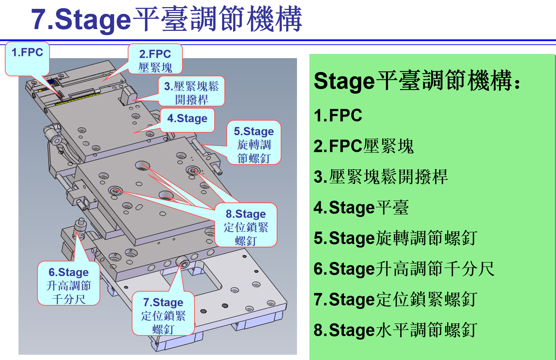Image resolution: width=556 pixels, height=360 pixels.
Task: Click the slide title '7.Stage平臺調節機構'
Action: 167,19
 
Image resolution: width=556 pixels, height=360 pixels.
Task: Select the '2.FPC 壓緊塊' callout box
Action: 155,60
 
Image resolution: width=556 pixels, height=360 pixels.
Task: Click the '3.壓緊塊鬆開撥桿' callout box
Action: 192,92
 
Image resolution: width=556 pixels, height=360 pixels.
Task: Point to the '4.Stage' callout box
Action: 187,119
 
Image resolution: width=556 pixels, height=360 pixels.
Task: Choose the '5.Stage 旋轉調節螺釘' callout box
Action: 254,143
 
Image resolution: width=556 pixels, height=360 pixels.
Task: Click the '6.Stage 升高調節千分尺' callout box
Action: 69,284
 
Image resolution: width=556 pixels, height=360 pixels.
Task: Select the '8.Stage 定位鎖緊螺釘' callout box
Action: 246,226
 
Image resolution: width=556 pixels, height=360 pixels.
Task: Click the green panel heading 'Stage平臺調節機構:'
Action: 417,81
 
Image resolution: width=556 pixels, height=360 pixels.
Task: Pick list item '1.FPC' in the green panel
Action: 338,116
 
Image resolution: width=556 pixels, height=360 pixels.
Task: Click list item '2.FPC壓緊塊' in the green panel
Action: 364,146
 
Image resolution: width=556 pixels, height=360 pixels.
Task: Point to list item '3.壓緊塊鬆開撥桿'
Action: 381,177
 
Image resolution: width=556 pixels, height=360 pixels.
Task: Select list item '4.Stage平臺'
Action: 361,207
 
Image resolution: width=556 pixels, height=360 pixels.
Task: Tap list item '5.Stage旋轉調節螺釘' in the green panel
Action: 395,238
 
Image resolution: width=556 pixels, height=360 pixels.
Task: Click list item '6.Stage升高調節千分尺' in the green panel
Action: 404,269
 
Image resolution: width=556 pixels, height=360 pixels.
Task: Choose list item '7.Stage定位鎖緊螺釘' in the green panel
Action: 395,299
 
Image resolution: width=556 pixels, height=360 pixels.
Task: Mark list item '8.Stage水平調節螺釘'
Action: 395,330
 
